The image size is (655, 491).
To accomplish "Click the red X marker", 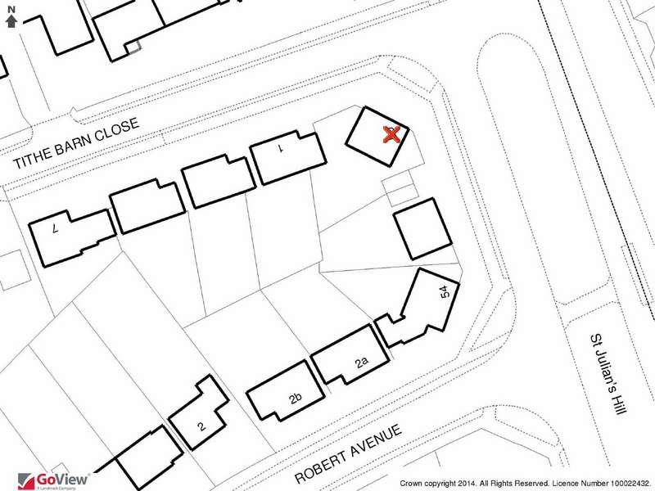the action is click(391, 135).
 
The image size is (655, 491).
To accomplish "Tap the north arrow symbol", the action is click(11, 21).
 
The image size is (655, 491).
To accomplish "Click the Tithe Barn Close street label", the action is click(76, 142).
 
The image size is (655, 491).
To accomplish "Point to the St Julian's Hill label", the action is click(608, 374).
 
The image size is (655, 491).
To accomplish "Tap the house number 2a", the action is click(362, 363).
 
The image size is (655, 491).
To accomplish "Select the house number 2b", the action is click(296, 399).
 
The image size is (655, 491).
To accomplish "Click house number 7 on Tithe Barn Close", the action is click(55, 228).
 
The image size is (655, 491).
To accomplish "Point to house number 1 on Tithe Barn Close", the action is click(282, 147).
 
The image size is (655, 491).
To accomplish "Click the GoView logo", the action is click(54, 480).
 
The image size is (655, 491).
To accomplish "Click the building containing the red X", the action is click(377, 137).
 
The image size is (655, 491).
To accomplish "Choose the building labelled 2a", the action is click(351, 354).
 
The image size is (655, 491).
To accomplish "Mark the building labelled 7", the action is click(72, 237).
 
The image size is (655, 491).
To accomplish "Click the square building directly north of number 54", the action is click(422, 229).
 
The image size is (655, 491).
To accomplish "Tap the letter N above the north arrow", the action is click(11, 10).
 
